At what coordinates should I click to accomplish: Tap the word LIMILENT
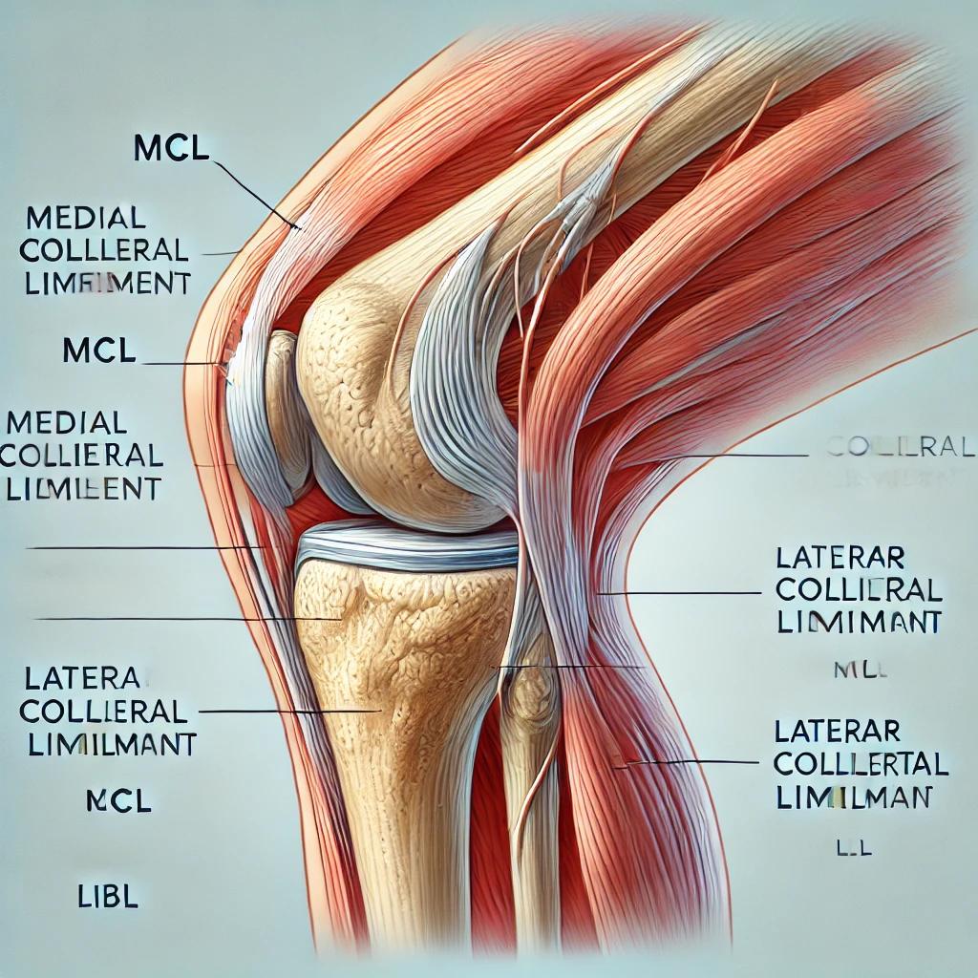(83, 488)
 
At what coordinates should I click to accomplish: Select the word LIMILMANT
(107, 743)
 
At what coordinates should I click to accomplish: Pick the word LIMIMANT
(859, 622)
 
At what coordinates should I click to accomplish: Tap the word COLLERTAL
(861, 764)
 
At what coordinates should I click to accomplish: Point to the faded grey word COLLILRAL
(893, 447)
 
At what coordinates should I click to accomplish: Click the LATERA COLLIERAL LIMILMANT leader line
(287, 712)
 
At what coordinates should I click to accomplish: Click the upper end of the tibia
(401, 621)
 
